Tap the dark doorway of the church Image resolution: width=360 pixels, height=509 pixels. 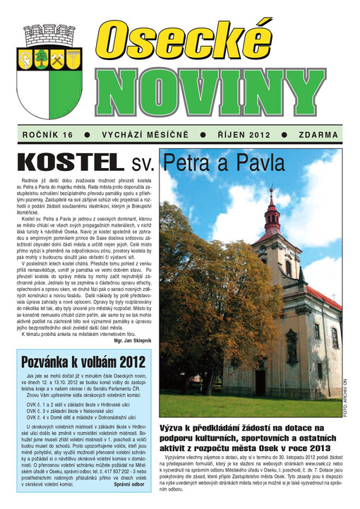click(260, 382)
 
